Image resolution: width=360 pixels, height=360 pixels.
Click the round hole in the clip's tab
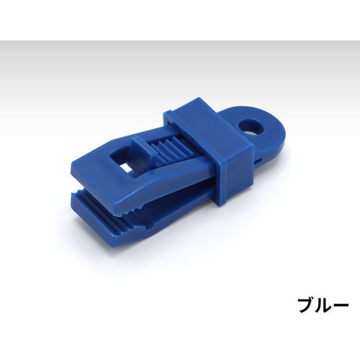tap(253, 128)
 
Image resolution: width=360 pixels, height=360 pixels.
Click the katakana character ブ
tap(306, 306)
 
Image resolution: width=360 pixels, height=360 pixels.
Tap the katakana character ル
tap(324, 306)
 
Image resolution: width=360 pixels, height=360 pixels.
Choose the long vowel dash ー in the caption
tap(341, 306)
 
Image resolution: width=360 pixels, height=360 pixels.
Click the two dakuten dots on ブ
tap(314, 299)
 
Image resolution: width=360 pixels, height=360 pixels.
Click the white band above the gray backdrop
tap(180, 19)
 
